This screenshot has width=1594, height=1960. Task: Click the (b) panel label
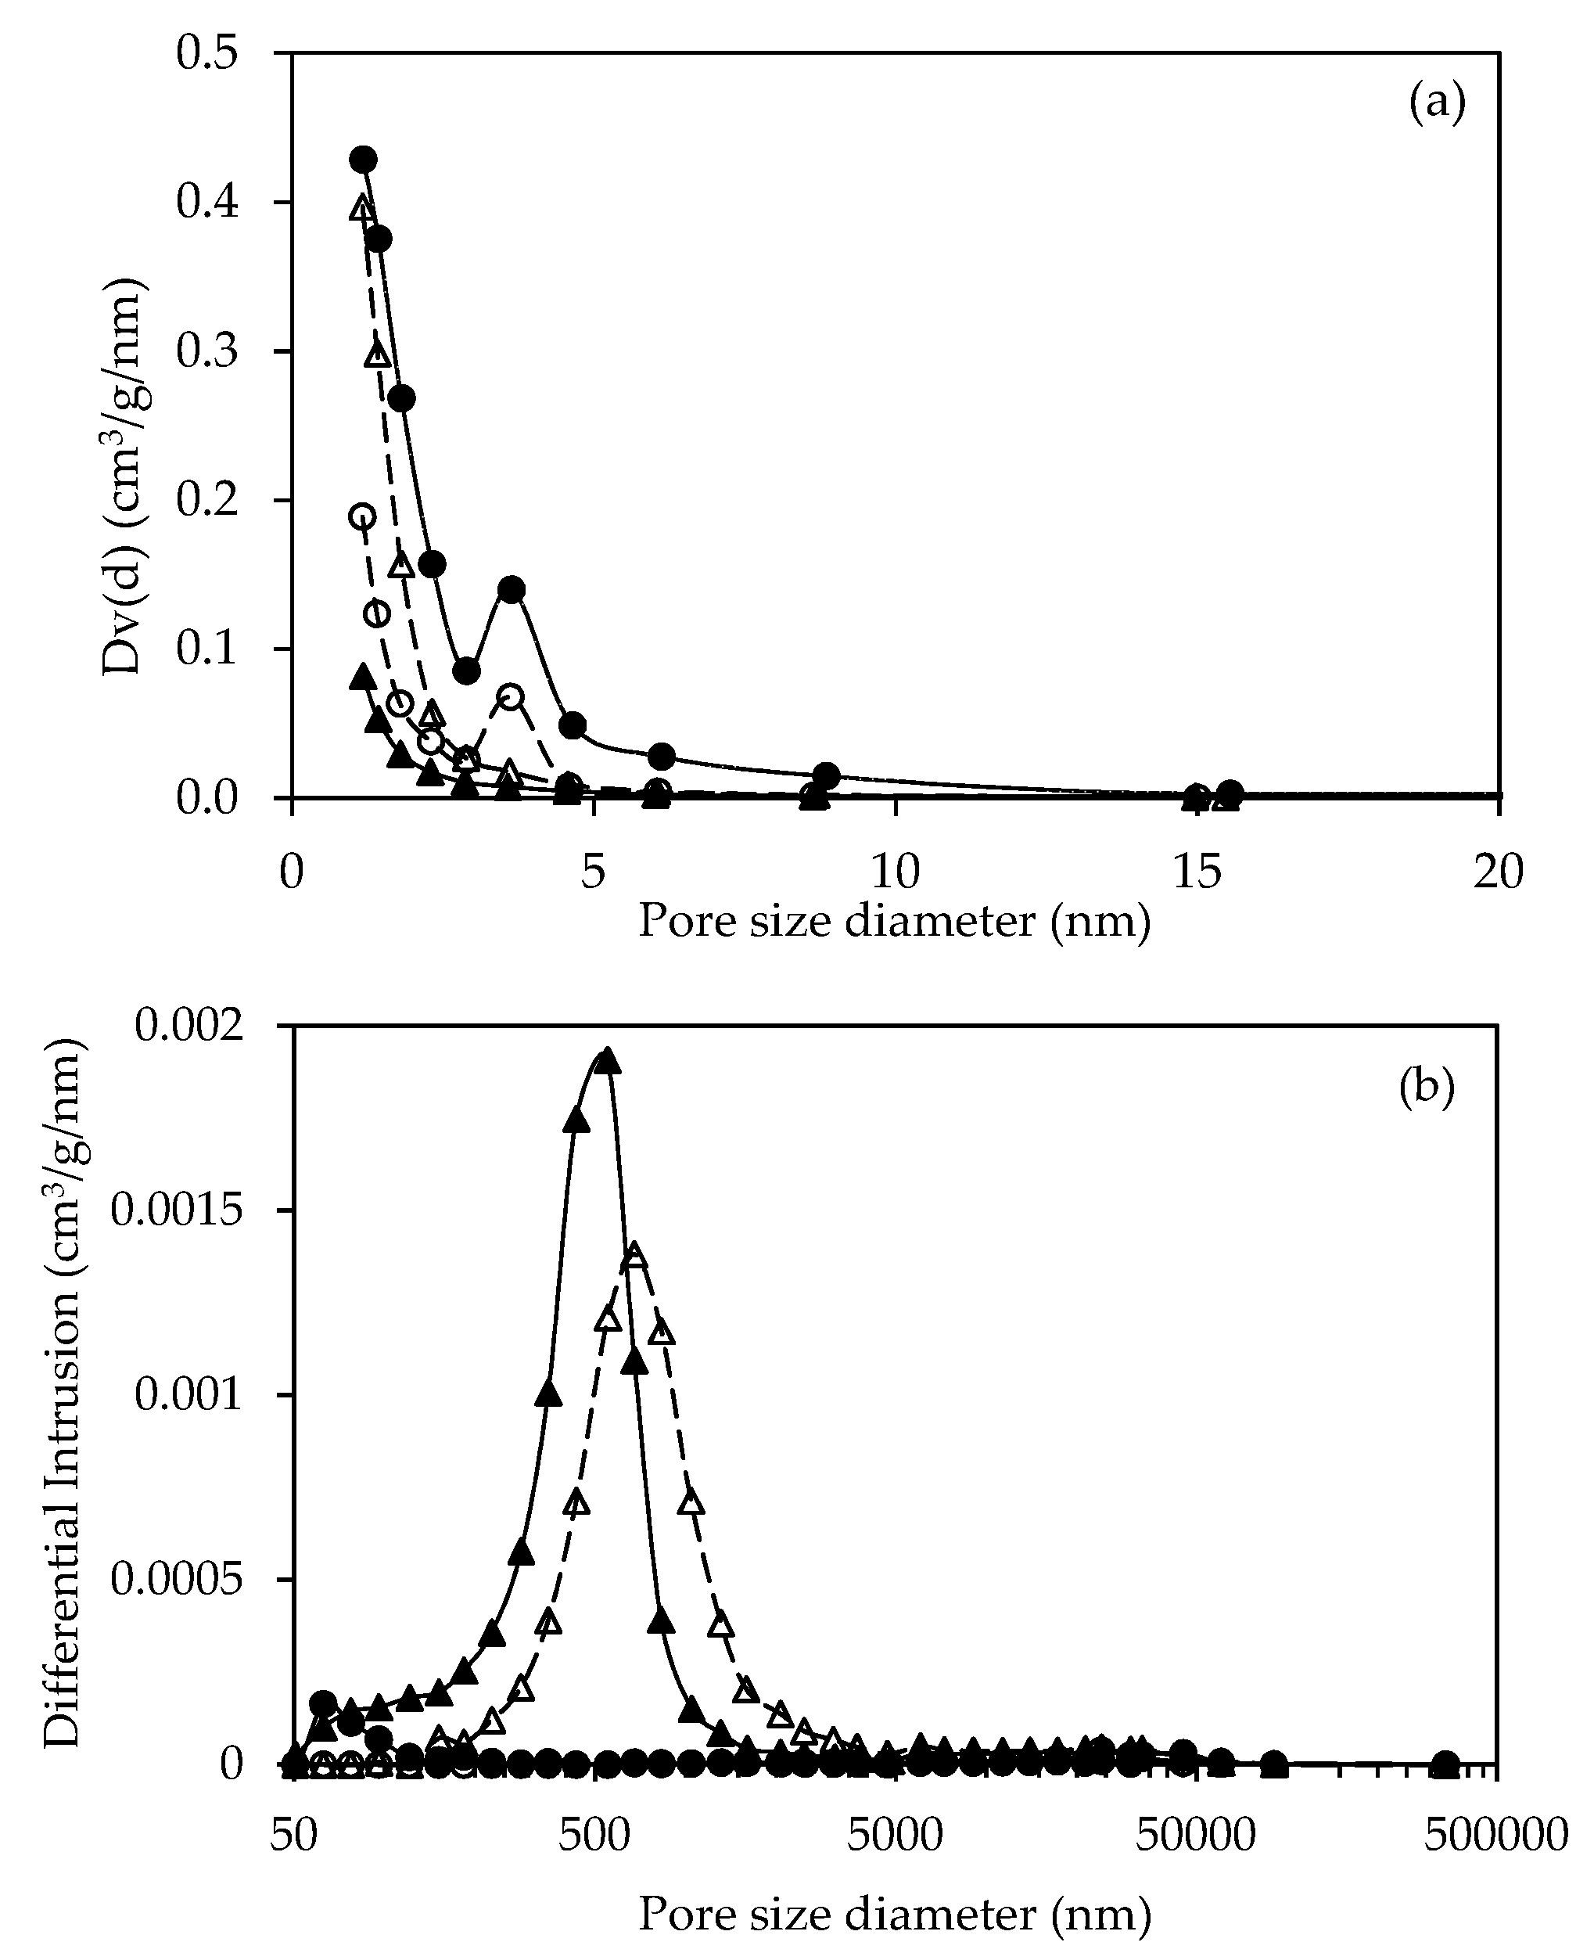coord(1427,1088)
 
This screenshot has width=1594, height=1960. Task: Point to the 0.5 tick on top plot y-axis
coord(206,52)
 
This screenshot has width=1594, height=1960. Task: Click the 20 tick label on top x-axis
coord(1498,872)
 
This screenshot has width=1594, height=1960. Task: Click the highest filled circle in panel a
coord(364,159)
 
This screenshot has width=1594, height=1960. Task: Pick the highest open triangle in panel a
coord(363,208)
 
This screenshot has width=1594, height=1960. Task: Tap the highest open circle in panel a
coord(363,516)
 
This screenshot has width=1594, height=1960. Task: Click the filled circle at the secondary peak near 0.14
coord(512,588)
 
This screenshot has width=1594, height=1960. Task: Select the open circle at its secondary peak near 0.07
coord(512,696)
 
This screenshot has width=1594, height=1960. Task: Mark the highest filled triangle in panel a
coord(363,678)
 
